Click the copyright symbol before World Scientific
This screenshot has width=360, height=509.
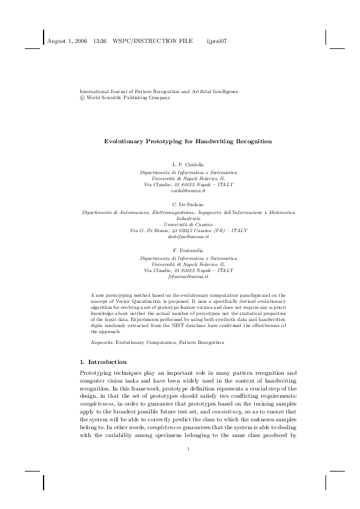point(82,97)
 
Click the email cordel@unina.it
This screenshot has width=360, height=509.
point(180,190)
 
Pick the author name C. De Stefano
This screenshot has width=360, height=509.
point(180,206)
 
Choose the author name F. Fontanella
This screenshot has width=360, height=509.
point(180,251)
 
